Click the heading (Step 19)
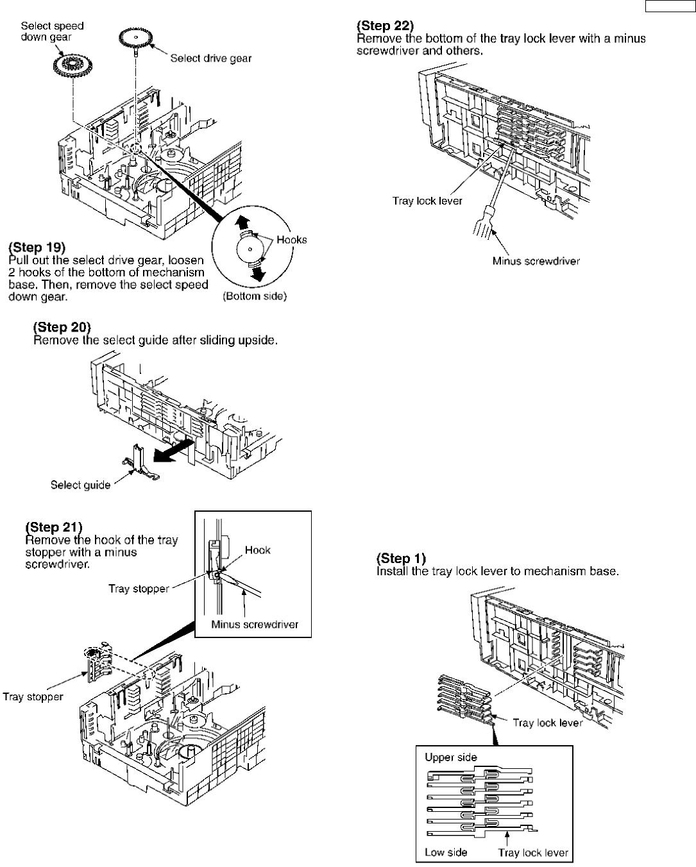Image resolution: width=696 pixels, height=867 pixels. point(37,248)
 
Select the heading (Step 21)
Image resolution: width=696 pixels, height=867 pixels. point(54,527)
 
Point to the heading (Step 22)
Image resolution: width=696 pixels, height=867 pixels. point(386,26)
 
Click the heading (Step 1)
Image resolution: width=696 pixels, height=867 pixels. point(401,558)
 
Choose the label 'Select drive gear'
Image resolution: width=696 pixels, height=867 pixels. point(210,58)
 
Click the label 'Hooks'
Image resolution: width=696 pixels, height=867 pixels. point(291,240)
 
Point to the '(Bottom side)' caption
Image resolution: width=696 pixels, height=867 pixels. point(254,296)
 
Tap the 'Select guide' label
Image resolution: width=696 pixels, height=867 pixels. point(80,485)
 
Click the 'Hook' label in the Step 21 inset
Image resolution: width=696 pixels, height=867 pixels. point(257,550)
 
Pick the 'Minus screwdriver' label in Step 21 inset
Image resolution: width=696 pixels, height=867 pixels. point(255,625)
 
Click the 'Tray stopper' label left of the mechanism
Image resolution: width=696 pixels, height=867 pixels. point(33,696)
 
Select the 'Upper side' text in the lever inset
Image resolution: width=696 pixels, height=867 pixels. point(451,757)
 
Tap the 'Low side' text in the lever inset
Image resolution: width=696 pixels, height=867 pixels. point(446,852)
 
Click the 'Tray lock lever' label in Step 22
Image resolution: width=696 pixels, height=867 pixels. point(427,201)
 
